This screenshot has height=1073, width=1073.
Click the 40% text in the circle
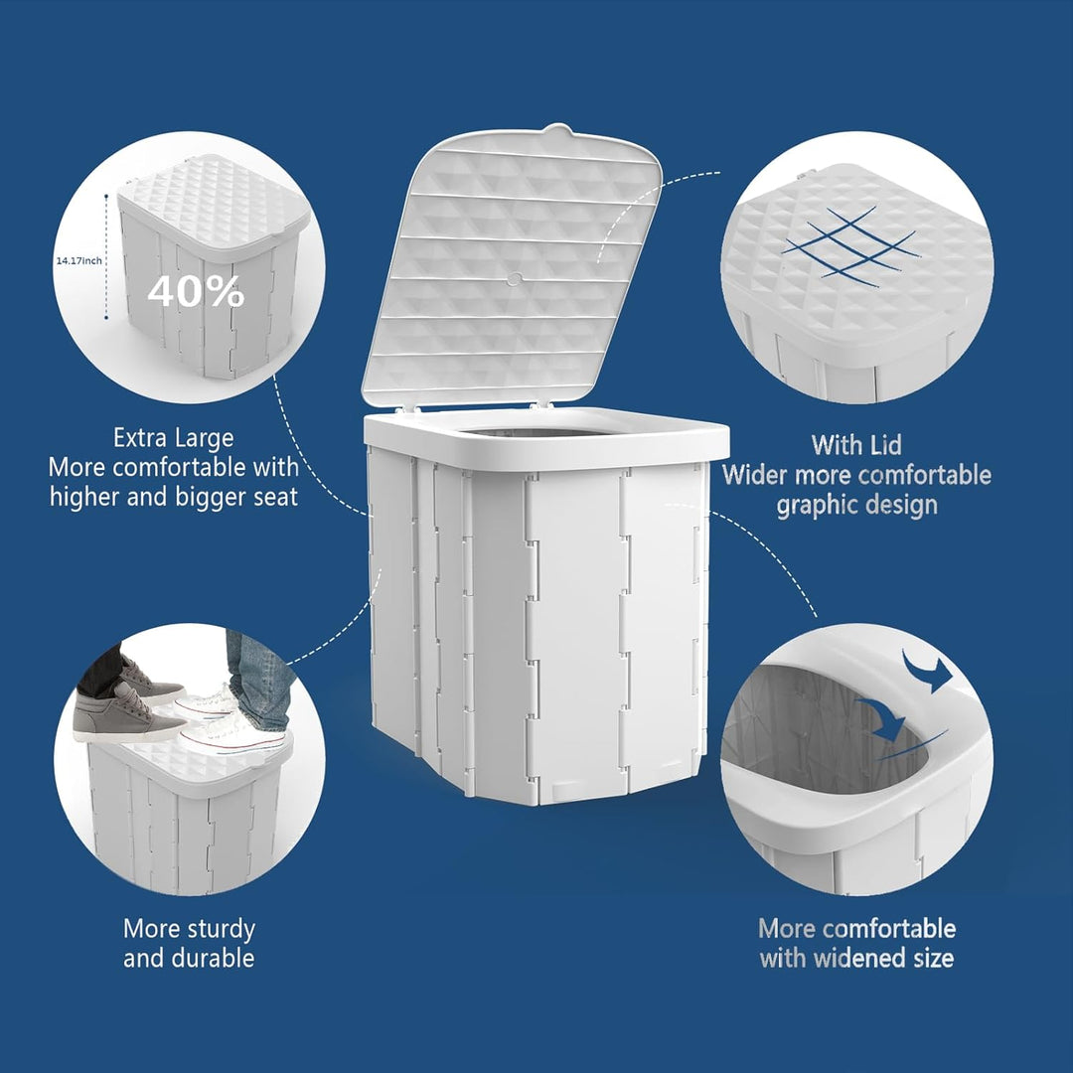coord(196,291)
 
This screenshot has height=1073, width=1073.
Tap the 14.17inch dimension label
coord(78,260)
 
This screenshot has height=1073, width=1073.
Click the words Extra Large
coord(174,438)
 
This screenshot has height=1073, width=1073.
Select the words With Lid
coord(856,444)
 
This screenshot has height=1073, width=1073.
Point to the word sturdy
coord(214,929)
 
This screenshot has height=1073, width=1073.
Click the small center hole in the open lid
coord(514,279)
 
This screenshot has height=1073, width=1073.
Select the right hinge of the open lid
coord(539,404)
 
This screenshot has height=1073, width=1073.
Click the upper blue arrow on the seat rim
coord(927,671)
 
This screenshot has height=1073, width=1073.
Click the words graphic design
coord(856,505)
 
